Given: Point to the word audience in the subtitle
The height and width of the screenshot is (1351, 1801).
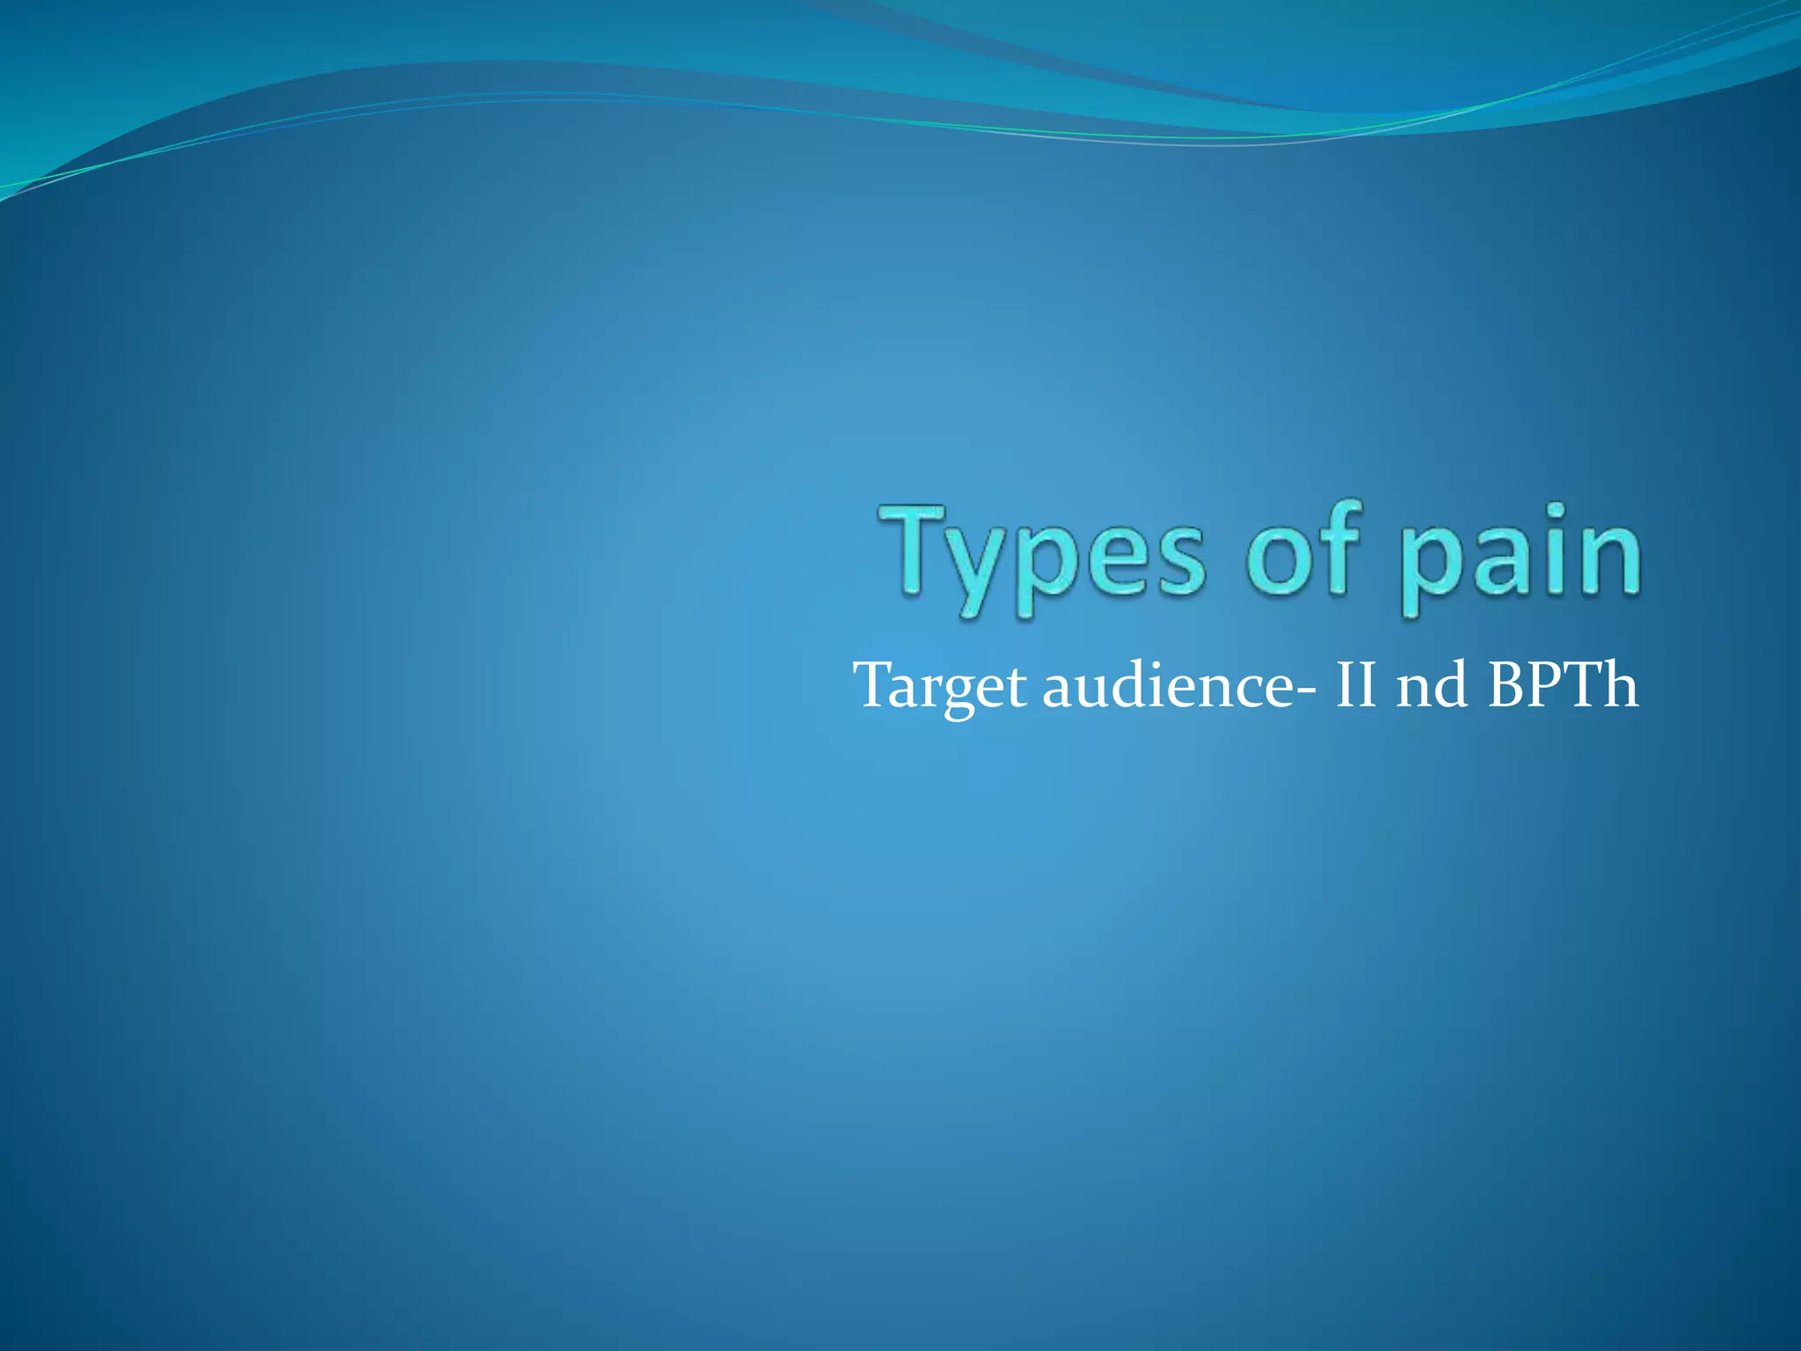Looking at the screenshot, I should pos(1169,685).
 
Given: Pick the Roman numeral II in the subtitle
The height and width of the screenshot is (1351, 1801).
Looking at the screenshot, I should pos(1355,685).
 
